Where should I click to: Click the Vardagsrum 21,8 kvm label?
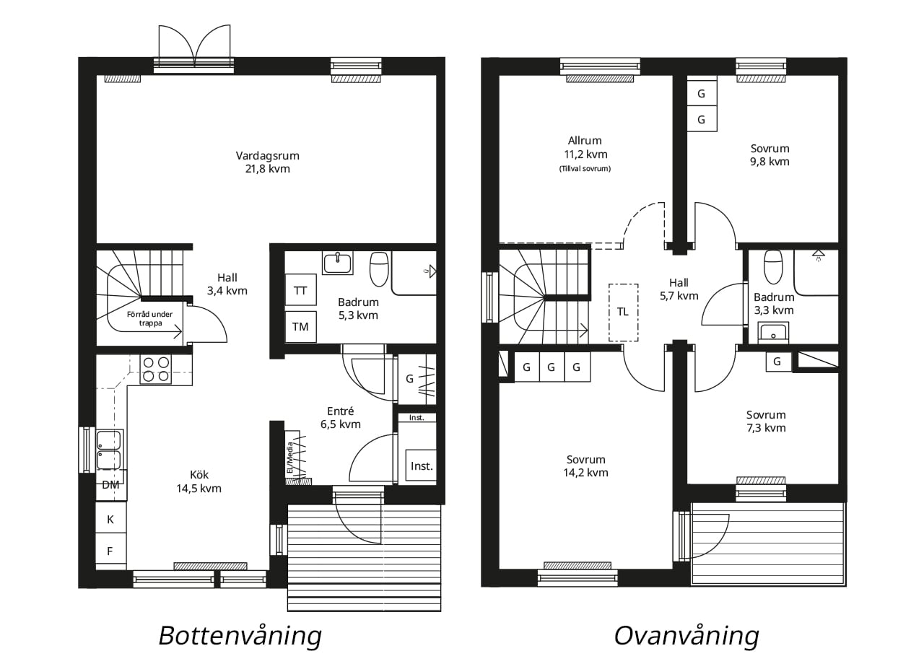pyautogui.click(x=267, y=162)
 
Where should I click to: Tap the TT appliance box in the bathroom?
pyautogui.click(x=301, y=290)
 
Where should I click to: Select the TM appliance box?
pyautogui.click(x=301, y=327)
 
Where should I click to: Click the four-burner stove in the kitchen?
pyautogui.click(x=156, y=369)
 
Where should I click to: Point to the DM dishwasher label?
pyautogui.click(x=110, y=485)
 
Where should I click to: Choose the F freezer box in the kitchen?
pyautogui.click(x=110, y=551)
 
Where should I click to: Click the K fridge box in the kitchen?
pyautogui.click(x=110, y=519)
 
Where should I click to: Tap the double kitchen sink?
pyautogui.click(x=109, y=450)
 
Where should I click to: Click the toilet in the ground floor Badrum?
pyautogui.click(x=379, y=269)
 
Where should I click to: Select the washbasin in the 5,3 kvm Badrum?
pyautogui.click(x=338, y=263)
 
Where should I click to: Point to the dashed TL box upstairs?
pyautogui.click(x=623, y=313)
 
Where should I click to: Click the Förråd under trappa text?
pyautogui.click(x=149, y=318)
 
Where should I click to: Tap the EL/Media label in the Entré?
pyautogui.click(x=289, y=458)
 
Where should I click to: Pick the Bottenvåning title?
pyautogui.click(x=240, y=636)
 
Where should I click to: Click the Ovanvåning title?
pyautogui.click(x=687, y=636)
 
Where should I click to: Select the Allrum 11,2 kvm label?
pyautogui.click(x=585, y=147)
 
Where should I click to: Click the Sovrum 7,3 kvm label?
pyautogui.click(x=766, y=421)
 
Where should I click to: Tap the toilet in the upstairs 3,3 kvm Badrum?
pyautogui.click(x=773, y=266)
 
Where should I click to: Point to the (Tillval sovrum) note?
pyautogui.click(x=585, y=168)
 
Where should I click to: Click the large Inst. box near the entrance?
pyautogui.click(x=421, y=466)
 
